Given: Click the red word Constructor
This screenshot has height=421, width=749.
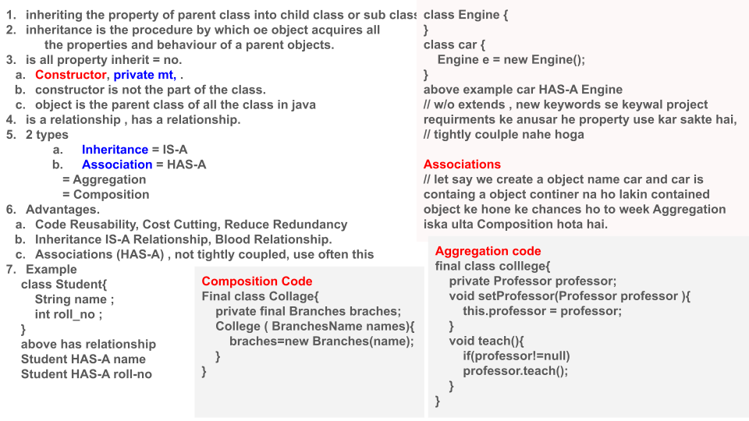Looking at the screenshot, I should point(70,75).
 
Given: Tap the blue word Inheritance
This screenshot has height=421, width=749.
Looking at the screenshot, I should point(115,150).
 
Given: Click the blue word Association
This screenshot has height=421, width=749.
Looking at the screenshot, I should point(117,165).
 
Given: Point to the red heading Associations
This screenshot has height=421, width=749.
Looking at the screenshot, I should point(462,165).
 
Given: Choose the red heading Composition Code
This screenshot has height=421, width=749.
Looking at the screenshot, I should point(257,281).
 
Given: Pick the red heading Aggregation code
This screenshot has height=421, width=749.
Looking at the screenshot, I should point(488,251).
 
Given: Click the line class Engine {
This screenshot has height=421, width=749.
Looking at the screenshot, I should point(466,15).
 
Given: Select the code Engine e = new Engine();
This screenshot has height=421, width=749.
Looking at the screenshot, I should point(510,60).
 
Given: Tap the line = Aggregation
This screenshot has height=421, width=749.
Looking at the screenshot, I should point(105,179).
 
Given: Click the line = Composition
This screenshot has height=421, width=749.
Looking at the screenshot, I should point(105,195).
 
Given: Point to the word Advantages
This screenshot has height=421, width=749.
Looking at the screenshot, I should point(62,210).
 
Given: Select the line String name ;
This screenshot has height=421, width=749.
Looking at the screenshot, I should point(75,299).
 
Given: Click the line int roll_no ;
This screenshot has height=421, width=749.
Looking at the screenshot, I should point(69,314).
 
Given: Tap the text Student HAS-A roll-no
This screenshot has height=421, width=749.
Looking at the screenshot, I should point(87,374).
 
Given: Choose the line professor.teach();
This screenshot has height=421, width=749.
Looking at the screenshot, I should point(515,371).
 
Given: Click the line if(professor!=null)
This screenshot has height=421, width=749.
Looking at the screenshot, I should point(516,356).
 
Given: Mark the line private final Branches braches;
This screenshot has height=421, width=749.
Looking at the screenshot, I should point(308,311).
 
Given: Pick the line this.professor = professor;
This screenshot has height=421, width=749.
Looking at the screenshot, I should point(542,311).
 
